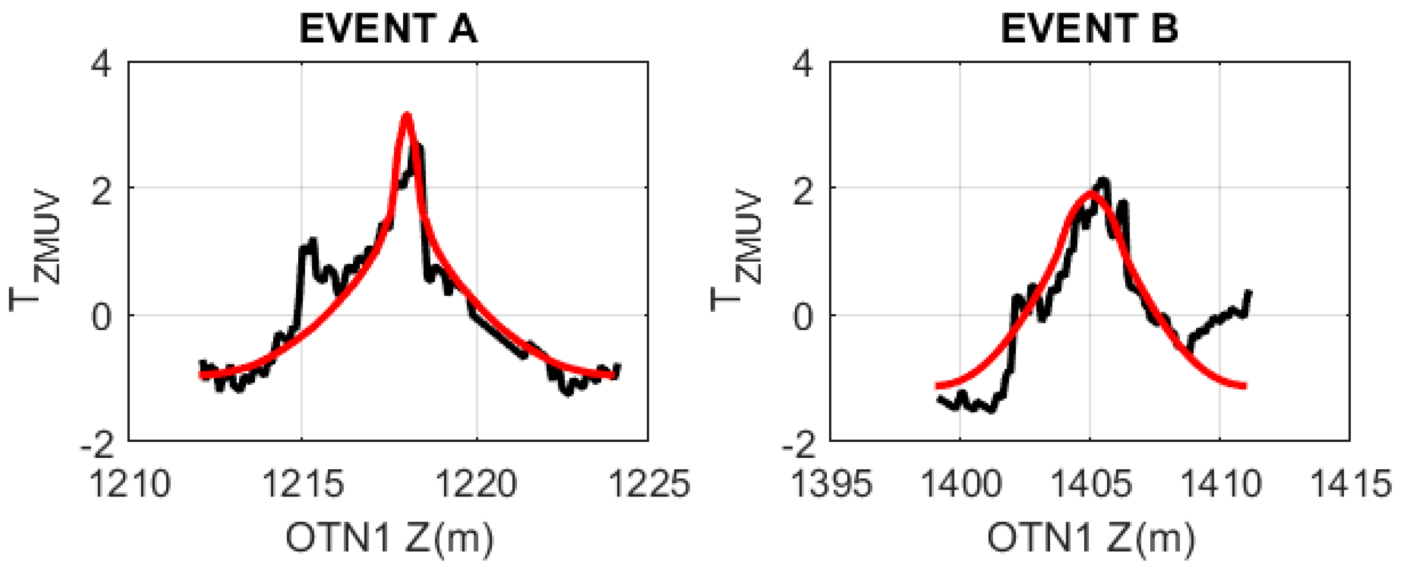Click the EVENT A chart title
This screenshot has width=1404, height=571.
click(388, 28)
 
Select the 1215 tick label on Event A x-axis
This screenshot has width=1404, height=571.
click(303, 484)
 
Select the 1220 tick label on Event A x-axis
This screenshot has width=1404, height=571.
click(477, 484)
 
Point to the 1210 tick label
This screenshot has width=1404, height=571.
click(130, 484)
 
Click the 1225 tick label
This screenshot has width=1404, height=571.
click(649, 484)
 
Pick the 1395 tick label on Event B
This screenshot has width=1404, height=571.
click(831, 484)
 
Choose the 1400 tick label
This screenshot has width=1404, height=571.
click(960, 484)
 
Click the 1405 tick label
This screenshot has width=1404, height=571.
click(1090, 484)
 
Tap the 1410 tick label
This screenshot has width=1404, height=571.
click(1220, 484)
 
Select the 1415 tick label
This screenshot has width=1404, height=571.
click(1349, 484)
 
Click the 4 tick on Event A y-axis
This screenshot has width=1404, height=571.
click(101, 65)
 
